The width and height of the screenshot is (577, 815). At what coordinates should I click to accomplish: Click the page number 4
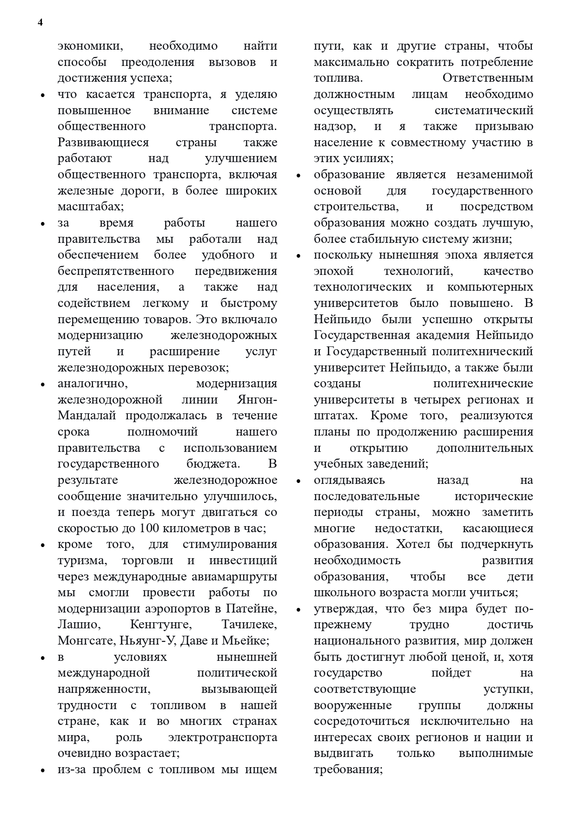[40, 23]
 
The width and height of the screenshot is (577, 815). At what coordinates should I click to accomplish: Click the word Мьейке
[245, 641]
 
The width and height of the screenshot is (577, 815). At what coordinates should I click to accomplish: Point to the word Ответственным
[488, 78]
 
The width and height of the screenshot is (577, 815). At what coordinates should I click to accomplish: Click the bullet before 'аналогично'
[43, 385]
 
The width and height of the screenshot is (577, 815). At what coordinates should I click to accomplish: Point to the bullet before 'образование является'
[299, 176]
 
